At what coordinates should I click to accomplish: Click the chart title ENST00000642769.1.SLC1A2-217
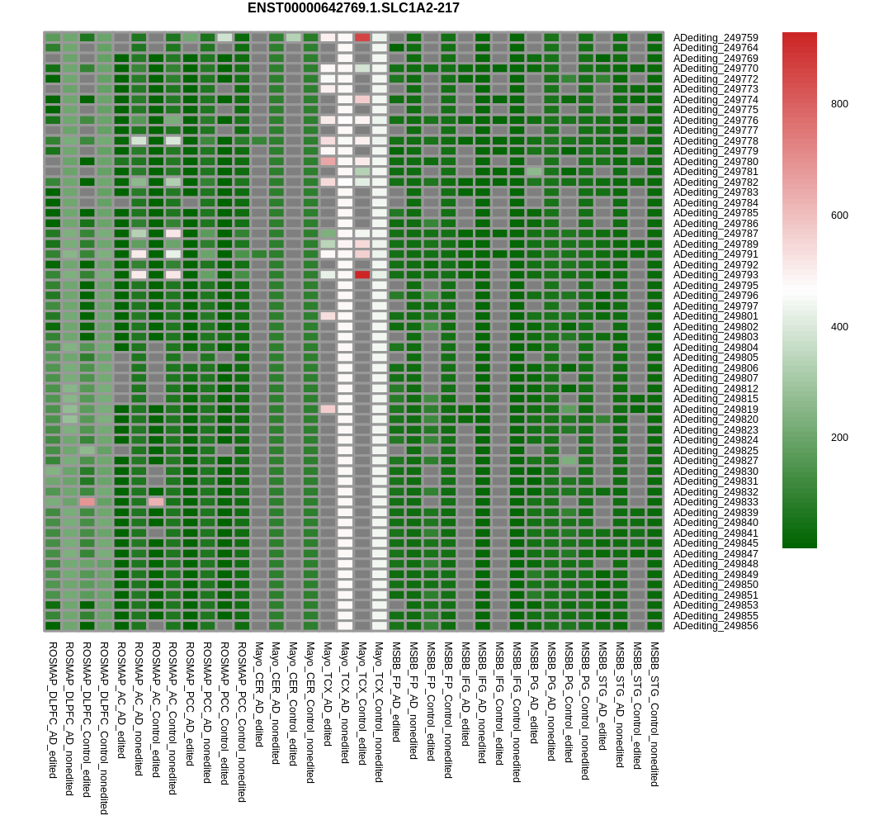tap(353, 8)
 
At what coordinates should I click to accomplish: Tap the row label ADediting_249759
tap(715, 38)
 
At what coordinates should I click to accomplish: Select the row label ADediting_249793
tap(715, 275)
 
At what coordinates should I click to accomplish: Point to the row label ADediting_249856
tap(715, 626)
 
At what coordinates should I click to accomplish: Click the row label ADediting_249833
tap(715, 502)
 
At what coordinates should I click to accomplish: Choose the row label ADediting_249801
tap(715, 316)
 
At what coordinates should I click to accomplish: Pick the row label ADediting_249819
tap(715, 410)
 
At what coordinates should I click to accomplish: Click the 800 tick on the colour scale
tap(839, 104)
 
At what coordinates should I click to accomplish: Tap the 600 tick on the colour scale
tap(839, 216)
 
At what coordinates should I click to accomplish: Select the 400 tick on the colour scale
tap(839, 327)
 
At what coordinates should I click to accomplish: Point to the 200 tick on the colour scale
tap(839, 438)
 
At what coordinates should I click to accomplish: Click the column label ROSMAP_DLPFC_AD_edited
tap(53, 709)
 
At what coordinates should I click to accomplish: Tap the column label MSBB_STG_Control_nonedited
tap(654, 713)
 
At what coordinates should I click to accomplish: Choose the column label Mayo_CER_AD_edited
tap(259, 694)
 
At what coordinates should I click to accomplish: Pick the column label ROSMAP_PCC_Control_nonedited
tap(242, 722)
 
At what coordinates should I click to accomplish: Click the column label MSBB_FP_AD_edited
tap(396, 691)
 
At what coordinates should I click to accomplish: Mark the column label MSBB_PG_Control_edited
tap(569, 702)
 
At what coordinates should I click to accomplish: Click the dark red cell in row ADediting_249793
tap(362, 275)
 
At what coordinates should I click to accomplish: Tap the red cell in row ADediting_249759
tap(362, 38)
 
